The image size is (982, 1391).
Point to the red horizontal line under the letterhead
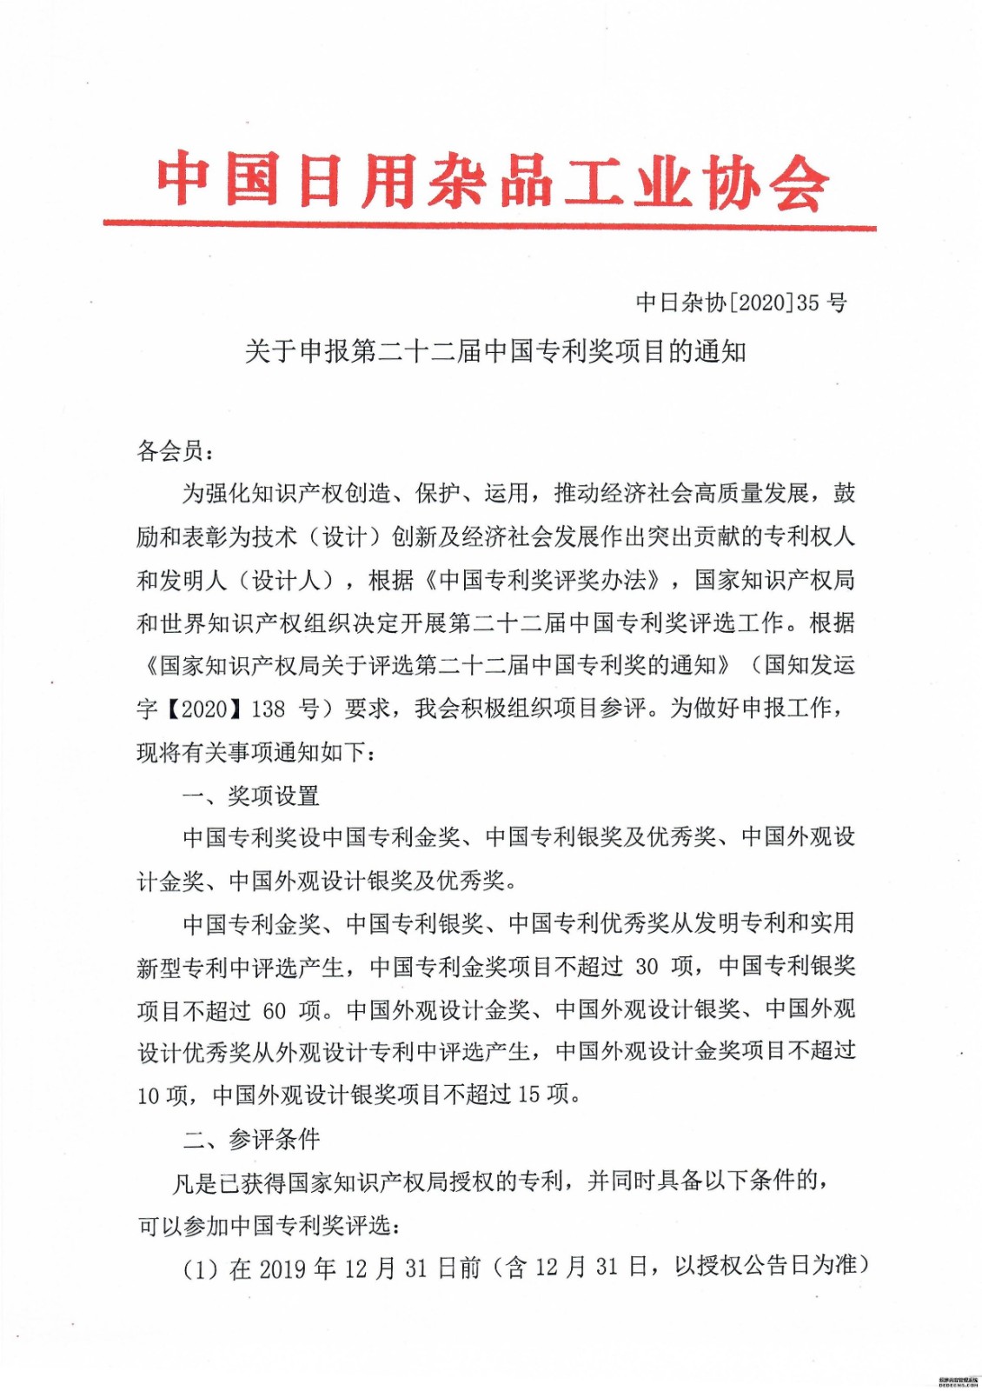[x=489, y=225]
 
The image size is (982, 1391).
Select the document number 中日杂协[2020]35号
[x=741, y=303]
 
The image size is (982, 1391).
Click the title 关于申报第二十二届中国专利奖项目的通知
[x=495, y=351]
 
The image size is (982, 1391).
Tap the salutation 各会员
[x=170, y=450]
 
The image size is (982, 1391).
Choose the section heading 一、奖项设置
[x=250, y=795]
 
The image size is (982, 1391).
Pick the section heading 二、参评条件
[x=250, y=1138]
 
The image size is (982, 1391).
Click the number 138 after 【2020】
[x=268, y=709]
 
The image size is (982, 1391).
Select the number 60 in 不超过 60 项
[x=274, y=1010]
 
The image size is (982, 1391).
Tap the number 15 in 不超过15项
[x=529, y=1095]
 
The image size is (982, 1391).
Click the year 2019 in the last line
[x=282, y=1268]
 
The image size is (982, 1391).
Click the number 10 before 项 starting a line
[x=149, y=1095]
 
